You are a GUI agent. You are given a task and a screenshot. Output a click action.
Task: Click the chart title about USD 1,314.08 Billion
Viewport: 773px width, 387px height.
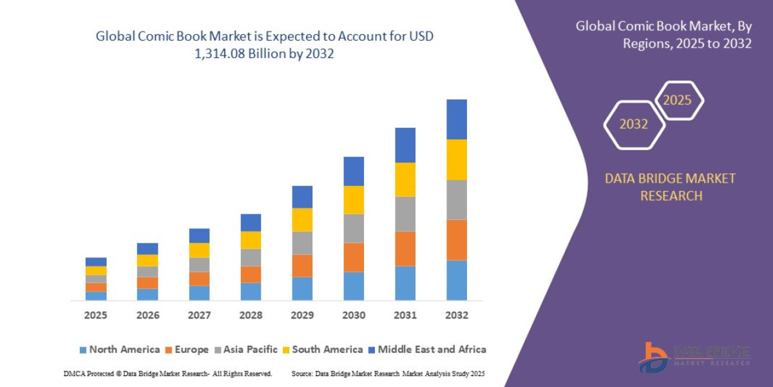click(264, 45)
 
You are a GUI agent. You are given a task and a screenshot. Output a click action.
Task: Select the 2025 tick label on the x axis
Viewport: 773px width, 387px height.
click(96, 315)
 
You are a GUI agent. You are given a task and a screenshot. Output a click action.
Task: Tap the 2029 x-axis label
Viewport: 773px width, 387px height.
click(302, 315)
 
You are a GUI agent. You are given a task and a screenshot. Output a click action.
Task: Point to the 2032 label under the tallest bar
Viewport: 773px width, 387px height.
click(457, 315)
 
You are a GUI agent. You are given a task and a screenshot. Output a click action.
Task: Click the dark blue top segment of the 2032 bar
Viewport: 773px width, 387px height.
click(457, 119)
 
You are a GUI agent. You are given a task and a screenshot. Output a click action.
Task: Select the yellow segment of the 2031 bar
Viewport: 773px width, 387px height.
click(405, 179)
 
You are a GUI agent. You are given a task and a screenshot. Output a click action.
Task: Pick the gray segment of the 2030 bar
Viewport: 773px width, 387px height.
click(354, 228)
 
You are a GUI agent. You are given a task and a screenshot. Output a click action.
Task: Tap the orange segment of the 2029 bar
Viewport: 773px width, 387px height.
click(302, 266)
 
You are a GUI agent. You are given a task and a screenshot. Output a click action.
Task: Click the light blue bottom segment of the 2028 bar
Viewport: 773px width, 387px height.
click(251, 292)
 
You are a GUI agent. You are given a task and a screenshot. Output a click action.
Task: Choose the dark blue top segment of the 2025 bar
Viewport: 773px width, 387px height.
click(96, 262)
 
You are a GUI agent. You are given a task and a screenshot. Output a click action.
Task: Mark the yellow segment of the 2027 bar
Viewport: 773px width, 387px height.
click(199, 250)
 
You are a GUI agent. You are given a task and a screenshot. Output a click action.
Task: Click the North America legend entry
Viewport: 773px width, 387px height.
click(119, 350)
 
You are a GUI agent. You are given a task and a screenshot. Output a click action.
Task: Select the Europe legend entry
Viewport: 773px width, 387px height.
click(187, 350)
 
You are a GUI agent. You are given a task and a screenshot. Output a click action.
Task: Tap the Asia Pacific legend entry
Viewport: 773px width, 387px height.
click(246, 350)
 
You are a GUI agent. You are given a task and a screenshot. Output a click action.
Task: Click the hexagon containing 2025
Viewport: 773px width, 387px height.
click(678, 101)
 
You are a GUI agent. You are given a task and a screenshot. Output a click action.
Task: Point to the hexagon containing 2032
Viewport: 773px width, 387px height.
click(634, 124)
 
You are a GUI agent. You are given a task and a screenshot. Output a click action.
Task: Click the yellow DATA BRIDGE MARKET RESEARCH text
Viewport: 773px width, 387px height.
click(670, 187)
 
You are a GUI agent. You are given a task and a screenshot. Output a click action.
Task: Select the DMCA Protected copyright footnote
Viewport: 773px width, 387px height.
click(168, 373)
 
